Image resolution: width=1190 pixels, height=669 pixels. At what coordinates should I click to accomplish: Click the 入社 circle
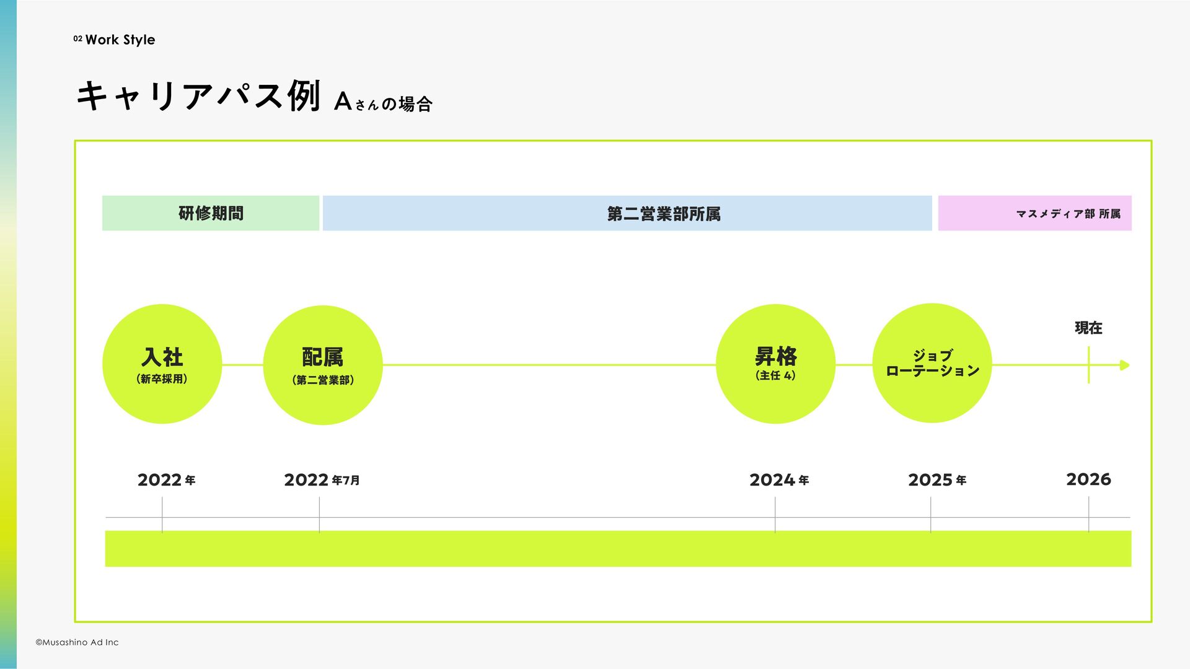[x=162, y=364]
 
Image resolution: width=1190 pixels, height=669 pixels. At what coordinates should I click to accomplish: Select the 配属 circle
[x=322, y=365]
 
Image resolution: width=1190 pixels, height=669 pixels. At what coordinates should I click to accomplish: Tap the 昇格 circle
[x=775, y=364]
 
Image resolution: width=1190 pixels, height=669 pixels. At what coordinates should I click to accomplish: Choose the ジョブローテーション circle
[x=932, y=363]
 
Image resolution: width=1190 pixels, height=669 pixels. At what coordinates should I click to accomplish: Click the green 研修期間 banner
[x=211, y=213]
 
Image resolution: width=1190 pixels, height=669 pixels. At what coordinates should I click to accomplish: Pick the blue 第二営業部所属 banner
[x=627, y=213]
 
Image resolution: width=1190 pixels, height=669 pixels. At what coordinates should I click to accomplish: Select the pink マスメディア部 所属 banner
[x=1034, y=213]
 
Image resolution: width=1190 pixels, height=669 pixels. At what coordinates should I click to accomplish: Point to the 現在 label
[x=1088, y=328]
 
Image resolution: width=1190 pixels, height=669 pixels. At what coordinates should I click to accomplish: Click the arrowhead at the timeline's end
[x=1125, y=365]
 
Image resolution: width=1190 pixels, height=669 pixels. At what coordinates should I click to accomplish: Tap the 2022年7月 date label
[x=322, y=480]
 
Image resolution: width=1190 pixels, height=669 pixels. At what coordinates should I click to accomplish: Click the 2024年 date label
[x=779, y=480]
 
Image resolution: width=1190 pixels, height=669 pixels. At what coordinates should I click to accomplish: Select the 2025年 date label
[x=937, y=480]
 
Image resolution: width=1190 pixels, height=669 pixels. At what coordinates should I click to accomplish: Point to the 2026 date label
[x=1088, y=479]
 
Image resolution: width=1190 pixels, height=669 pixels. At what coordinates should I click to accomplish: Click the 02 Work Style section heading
[x=114, y=40]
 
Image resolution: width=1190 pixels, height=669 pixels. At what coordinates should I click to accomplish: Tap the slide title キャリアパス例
[x=198, y=97]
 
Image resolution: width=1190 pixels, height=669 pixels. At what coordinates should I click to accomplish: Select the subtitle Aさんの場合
[x=383, y=102]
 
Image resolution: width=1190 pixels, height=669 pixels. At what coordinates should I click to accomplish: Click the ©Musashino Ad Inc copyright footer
[x=77, y=642]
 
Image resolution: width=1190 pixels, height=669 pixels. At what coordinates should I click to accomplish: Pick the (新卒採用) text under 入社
[x=162, y=379]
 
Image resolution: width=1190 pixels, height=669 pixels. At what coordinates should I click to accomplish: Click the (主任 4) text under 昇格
[x=775, y=375]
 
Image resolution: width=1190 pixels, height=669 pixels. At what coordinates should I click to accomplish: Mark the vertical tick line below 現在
[x=1088, y=365]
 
